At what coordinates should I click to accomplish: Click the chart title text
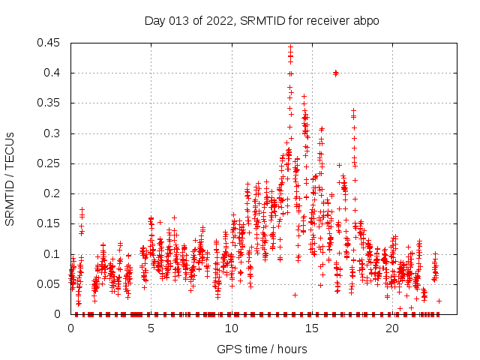click(x=262, y=20)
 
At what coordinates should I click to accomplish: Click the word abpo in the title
click(x=367, y=20)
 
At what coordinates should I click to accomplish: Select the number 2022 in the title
click(x=217, y=20)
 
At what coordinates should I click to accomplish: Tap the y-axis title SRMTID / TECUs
click(x=10, y=178)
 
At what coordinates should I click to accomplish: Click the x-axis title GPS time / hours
click(x=262, y=349)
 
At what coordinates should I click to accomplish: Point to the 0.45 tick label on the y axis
click(x=51, y=43)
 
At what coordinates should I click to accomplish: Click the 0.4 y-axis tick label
click(x=54, y=73)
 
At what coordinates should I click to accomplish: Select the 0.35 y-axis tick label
click(x=51, y=103)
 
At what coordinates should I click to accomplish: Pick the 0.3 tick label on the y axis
click(x=54, y=133)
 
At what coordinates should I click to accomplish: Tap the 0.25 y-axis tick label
click(x=51, y=163)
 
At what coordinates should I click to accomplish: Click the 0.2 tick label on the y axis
click(x=54, y=193)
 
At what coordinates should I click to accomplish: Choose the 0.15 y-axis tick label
click(x=51, y=223)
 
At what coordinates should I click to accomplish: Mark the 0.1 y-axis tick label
click(x=54, y=254)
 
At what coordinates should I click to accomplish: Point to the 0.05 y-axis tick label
click(x=51, y=284)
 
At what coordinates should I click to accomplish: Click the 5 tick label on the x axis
click(x=151, y=328)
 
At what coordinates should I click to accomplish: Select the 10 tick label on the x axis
click(x=231, y=328)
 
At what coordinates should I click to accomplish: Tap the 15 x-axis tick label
click(x=312, y=328)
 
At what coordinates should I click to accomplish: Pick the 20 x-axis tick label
click(x=392, y=328)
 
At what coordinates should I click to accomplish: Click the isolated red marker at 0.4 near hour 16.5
click(x=336, y=73)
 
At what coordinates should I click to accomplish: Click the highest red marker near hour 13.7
click(x=290, y=46)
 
